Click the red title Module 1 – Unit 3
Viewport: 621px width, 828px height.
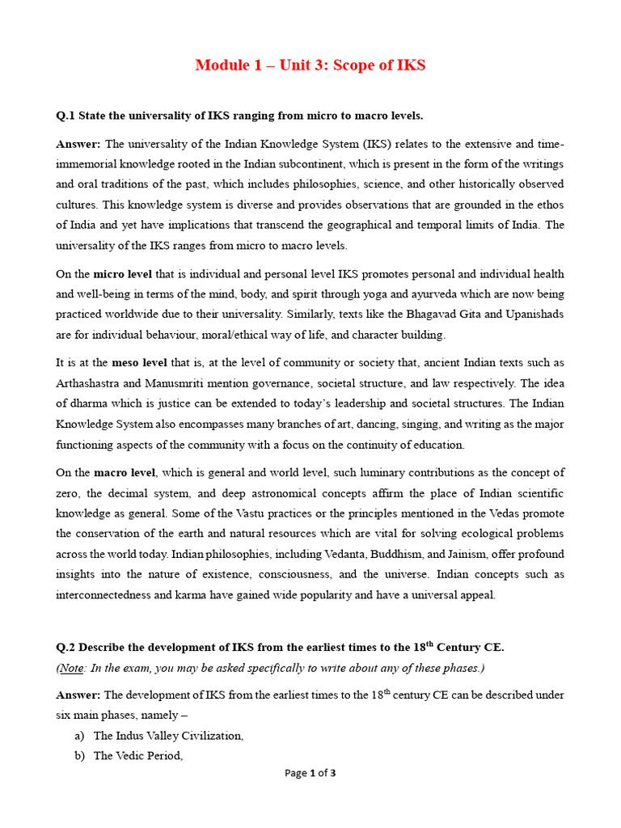[310, 65]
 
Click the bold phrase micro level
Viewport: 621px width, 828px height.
[122, 274]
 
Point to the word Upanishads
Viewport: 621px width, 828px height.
[533, 314]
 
